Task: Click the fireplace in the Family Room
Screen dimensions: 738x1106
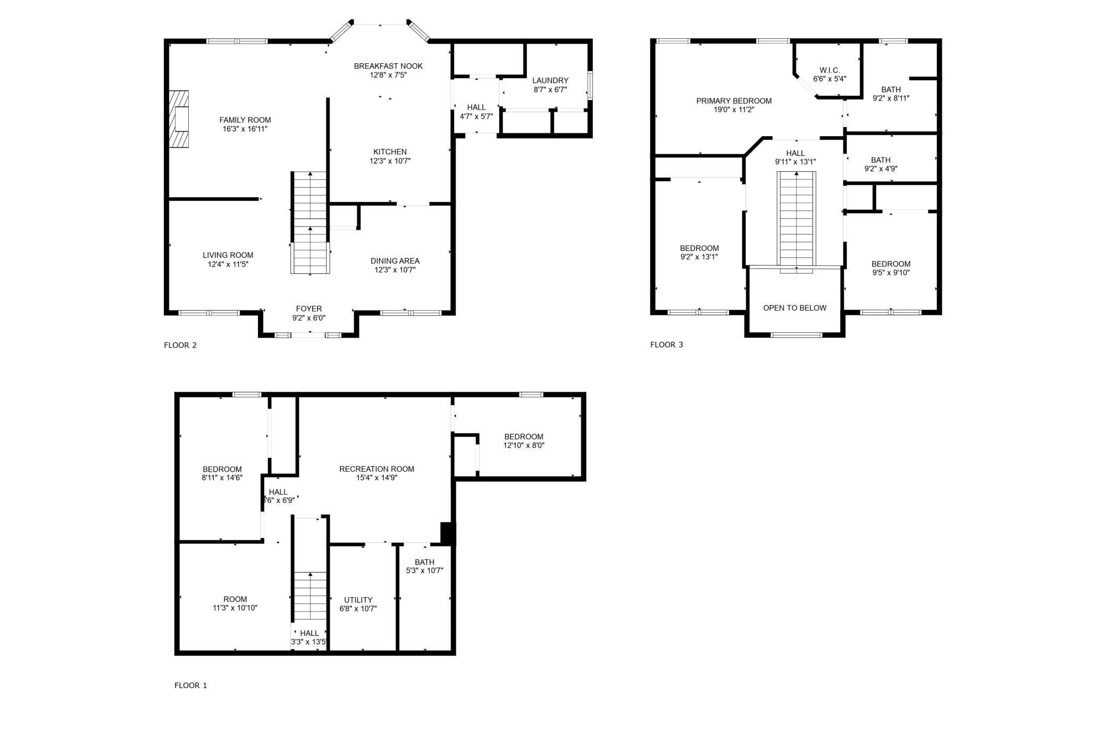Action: point(179,119)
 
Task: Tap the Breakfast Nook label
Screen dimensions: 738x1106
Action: point(388,66)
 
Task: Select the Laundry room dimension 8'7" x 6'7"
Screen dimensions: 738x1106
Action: point(550,89)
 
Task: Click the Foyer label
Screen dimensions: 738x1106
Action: point(308,308)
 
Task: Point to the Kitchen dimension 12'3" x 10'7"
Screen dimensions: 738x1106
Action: point(390,161)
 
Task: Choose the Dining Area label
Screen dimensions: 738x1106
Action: point(395,261)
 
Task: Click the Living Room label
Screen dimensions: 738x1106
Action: point(228,255)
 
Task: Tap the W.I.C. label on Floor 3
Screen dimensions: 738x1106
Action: point(829,70)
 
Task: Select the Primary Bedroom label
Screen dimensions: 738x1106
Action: point(734,100)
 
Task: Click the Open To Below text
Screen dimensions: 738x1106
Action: point(794,308)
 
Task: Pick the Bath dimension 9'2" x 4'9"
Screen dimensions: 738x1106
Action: point(881,169)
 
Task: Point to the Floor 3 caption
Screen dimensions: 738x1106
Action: point(666,345)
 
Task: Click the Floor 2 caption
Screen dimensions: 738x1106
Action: point(180,345)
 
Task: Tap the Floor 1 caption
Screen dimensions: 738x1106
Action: point(190,685)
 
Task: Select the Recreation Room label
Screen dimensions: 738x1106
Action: point(376,468)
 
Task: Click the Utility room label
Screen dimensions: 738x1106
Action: point(358,600)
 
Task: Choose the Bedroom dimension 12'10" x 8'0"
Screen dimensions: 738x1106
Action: point(524,445)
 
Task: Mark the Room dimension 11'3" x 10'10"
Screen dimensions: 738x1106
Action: point(235,608)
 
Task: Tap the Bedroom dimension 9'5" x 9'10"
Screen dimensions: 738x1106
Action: point(891,273)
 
